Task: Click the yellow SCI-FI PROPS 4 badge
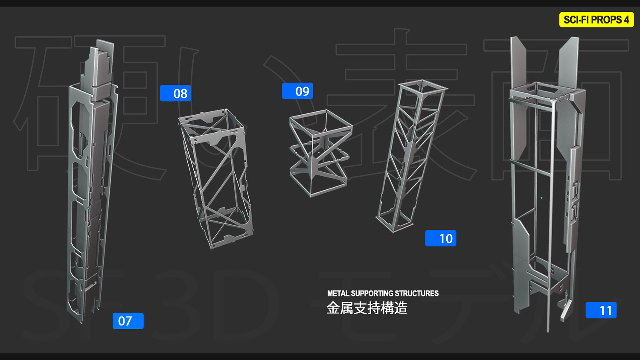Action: [x=596, y=20]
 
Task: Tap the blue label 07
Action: [x=128, y=321]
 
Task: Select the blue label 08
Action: [x=175, y=93]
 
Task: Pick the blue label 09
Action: [x=297, y=91]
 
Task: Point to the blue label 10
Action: [x=441, y=238]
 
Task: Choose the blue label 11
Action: [x=601, y=310]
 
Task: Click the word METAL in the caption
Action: [x=338, y=293]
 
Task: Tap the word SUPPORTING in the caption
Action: [x=372, y=293]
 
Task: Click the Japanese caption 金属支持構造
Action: [x=367, y=308]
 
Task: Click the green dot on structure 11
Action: [x=541, y=198]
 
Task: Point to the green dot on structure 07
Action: [x=88, y=208]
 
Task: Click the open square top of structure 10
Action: [x=423, y=87]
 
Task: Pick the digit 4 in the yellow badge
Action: [x=626, y=20]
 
